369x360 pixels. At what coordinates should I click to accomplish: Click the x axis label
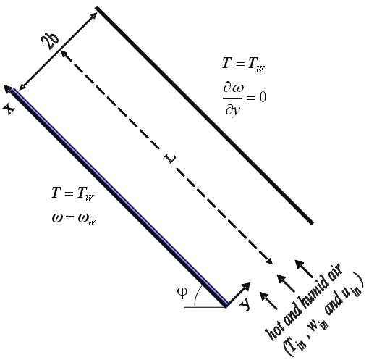[x=9, y=109]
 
